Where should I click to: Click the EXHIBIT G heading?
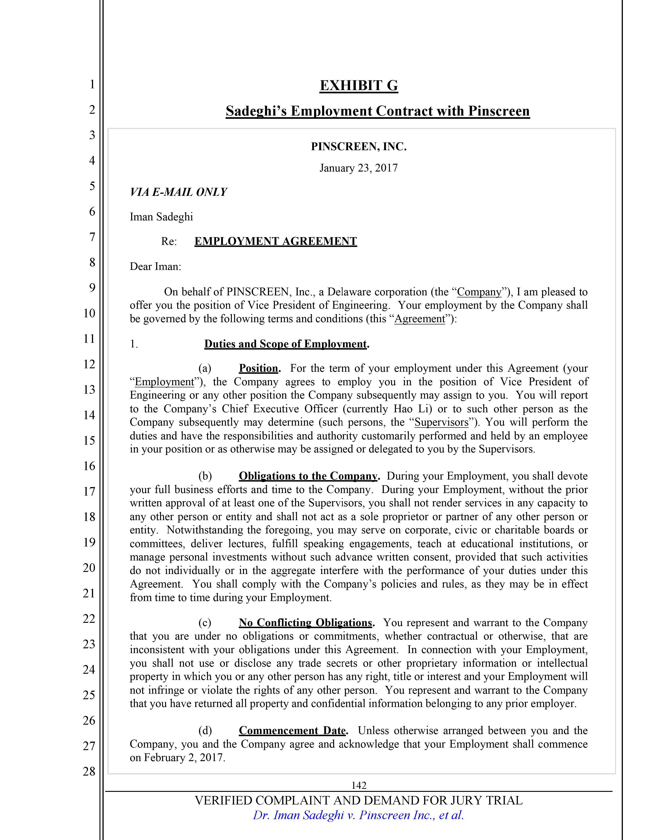359,85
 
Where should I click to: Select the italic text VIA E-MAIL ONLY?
178,192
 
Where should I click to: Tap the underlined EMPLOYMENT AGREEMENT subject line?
276,241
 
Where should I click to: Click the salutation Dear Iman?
155,266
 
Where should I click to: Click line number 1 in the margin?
92,84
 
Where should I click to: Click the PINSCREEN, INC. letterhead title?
359,147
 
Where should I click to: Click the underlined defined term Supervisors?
441,422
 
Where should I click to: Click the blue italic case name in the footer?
358,815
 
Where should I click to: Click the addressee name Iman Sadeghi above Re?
161,217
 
